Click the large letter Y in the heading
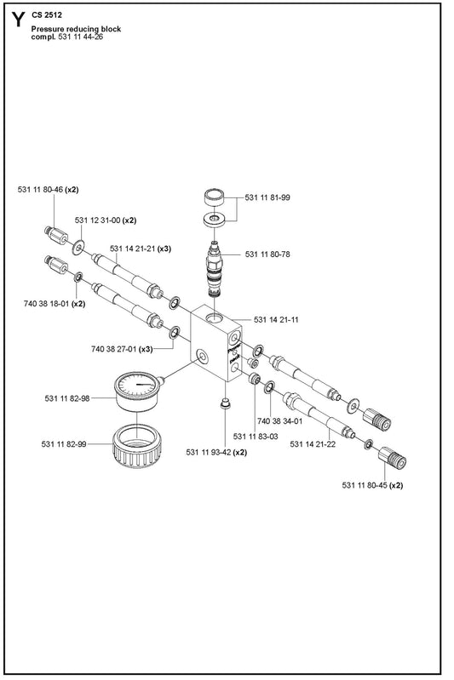pos(18,20)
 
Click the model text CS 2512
pos(47,15)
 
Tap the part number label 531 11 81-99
pos(267,197)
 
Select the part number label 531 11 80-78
pos(267,254)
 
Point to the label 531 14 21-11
pos(276,320)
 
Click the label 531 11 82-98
pos(67,398)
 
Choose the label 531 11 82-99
pos(64,444)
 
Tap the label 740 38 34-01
pos(279,421)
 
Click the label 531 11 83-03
pos(256,437)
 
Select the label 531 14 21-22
pos(313,444)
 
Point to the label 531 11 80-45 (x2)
pos(372,485)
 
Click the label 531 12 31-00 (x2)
pos(106,220)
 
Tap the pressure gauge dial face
pos(136,384)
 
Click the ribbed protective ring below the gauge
pos(137,447)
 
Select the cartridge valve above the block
pos(214,269)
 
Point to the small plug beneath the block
pos(224,404)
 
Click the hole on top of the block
pos(214,318)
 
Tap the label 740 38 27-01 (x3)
pos(122,349)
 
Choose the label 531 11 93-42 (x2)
pos(216,452)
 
